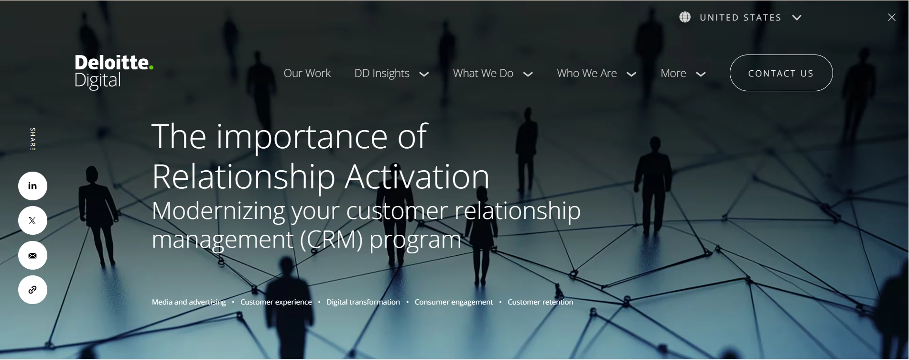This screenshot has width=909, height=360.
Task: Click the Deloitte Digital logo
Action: [x=114, y=72]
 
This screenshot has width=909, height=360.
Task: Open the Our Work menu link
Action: [x=307, y=73]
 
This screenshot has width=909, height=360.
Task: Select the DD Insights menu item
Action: [x=382, y=73]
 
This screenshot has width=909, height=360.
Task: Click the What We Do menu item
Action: [x=483, y=73]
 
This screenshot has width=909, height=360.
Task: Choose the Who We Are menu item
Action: [x=587, y=73]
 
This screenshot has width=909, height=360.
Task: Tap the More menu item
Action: [x=673, y=73]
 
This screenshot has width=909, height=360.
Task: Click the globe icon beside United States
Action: [x=685, y=17]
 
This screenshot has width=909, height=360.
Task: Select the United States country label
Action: [x=740, y=18]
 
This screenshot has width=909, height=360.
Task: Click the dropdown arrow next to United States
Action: [x=797, y=18]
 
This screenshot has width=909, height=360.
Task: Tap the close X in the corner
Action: [x=892, y=17]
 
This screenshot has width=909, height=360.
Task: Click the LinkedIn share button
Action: [x=32, y=186]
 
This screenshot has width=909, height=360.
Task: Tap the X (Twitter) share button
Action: [x=32, y=220]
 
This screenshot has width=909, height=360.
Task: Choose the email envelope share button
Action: [x=32, y=255]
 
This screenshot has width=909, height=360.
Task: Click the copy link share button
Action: [x=32, y=290]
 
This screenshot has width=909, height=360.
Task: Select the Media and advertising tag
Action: [x=189, y=302]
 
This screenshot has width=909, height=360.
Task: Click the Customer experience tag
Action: [x=276, y=302]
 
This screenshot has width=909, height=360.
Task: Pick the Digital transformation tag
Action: [x=363, y=302]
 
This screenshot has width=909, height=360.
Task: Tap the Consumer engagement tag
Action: [x=454, y=302]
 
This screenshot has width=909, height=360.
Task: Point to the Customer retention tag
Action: [x=540, y=302]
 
